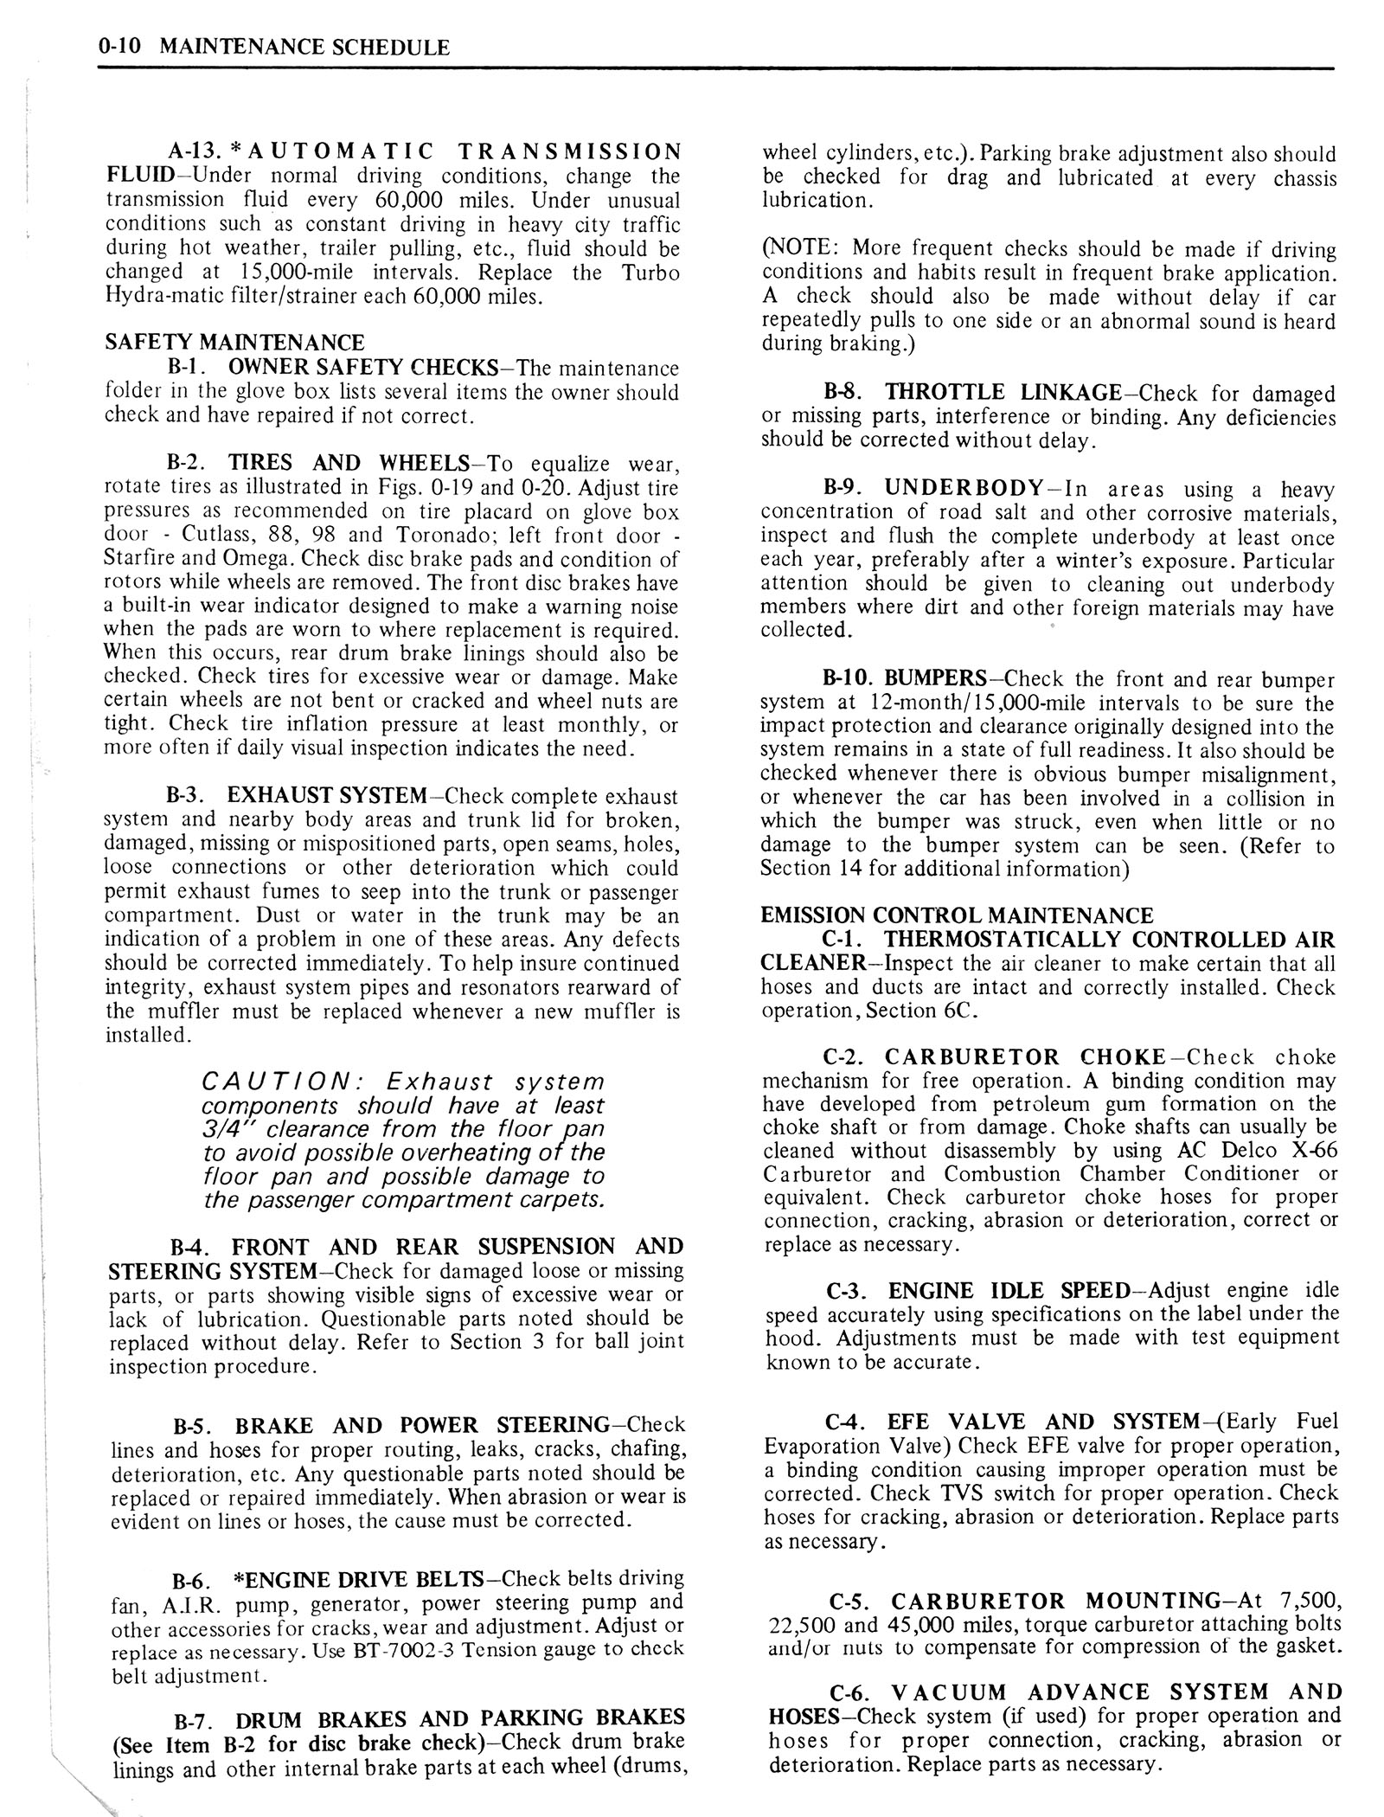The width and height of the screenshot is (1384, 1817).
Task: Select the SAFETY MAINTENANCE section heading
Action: (234, 343)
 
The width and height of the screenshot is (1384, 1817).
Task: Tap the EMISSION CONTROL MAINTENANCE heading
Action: (957, 915)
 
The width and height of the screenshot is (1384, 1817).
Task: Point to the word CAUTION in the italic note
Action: (284, 1082)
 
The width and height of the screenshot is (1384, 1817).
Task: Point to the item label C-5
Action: (852, 1600)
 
